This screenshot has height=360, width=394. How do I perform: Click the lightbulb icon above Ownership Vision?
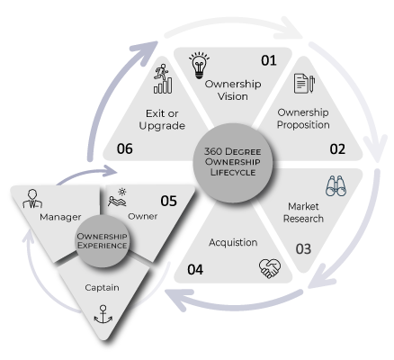(x=199, y=66)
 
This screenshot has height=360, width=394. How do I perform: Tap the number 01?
(x=269, y=60)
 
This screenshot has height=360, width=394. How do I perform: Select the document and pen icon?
(x=304, y=84)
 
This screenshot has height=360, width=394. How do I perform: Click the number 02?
(x=337, y=149)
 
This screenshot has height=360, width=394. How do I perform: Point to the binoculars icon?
(x=336, y=186)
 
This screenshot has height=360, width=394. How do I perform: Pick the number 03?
(x=303, y=249)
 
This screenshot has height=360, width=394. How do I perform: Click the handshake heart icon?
(x=270, y=268)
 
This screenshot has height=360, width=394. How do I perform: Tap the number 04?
(x=195, y=269)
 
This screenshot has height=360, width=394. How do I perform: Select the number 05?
(x=168, y=201)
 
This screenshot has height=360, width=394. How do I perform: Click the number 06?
(x=125, y=148)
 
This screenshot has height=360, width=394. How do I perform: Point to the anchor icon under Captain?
(x=103, y=314)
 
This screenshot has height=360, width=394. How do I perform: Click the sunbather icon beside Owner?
(x=118, y=197)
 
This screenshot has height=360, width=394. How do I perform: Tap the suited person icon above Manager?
(x=32, y=199)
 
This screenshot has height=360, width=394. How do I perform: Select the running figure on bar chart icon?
(x=163, y=78)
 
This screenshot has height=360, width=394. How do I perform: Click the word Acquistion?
(x=233, y=242)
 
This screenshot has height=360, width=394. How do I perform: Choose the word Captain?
(x=102, y=288)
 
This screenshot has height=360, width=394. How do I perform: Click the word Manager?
(x=60, y=217)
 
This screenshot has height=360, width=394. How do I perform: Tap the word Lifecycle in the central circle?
(x=233, y=172)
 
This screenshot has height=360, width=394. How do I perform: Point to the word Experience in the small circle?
(x=102, y=246)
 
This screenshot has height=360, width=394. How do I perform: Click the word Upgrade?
(x=162, y=126)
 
